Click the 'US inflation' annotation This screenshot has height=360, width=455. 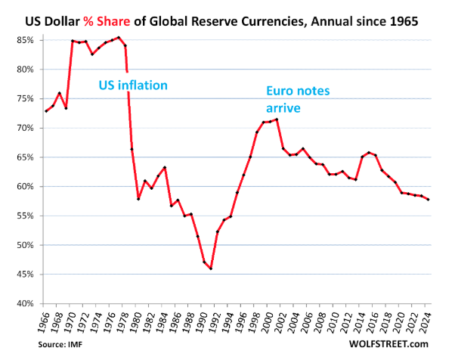133,85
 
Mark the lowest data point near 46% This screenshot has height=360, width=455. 211,268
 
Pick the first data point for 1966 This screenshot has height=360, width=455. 46,111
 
